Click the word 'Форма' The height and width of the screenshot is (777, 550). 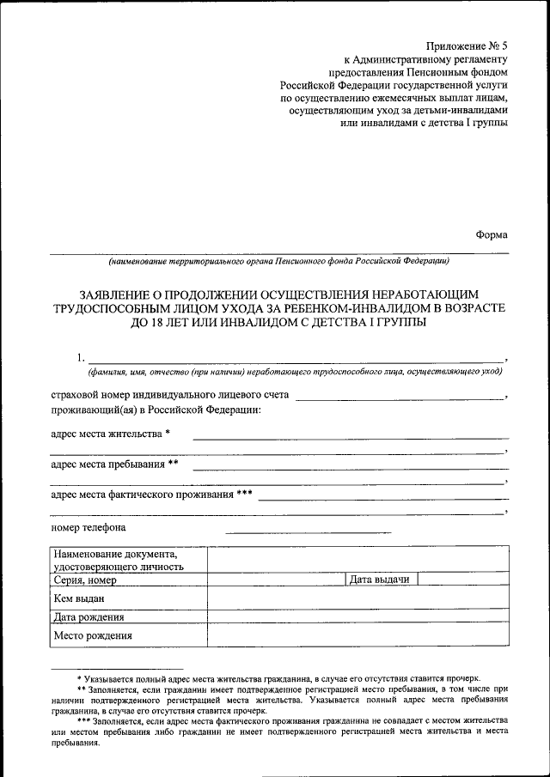click(x=492, y=234)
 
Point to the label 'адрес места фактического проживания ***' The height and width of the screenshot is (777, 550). click(x=151, y=495)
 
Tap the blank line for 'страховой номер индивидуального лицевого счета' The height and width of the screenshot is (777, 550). click(x=400, y=398)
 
